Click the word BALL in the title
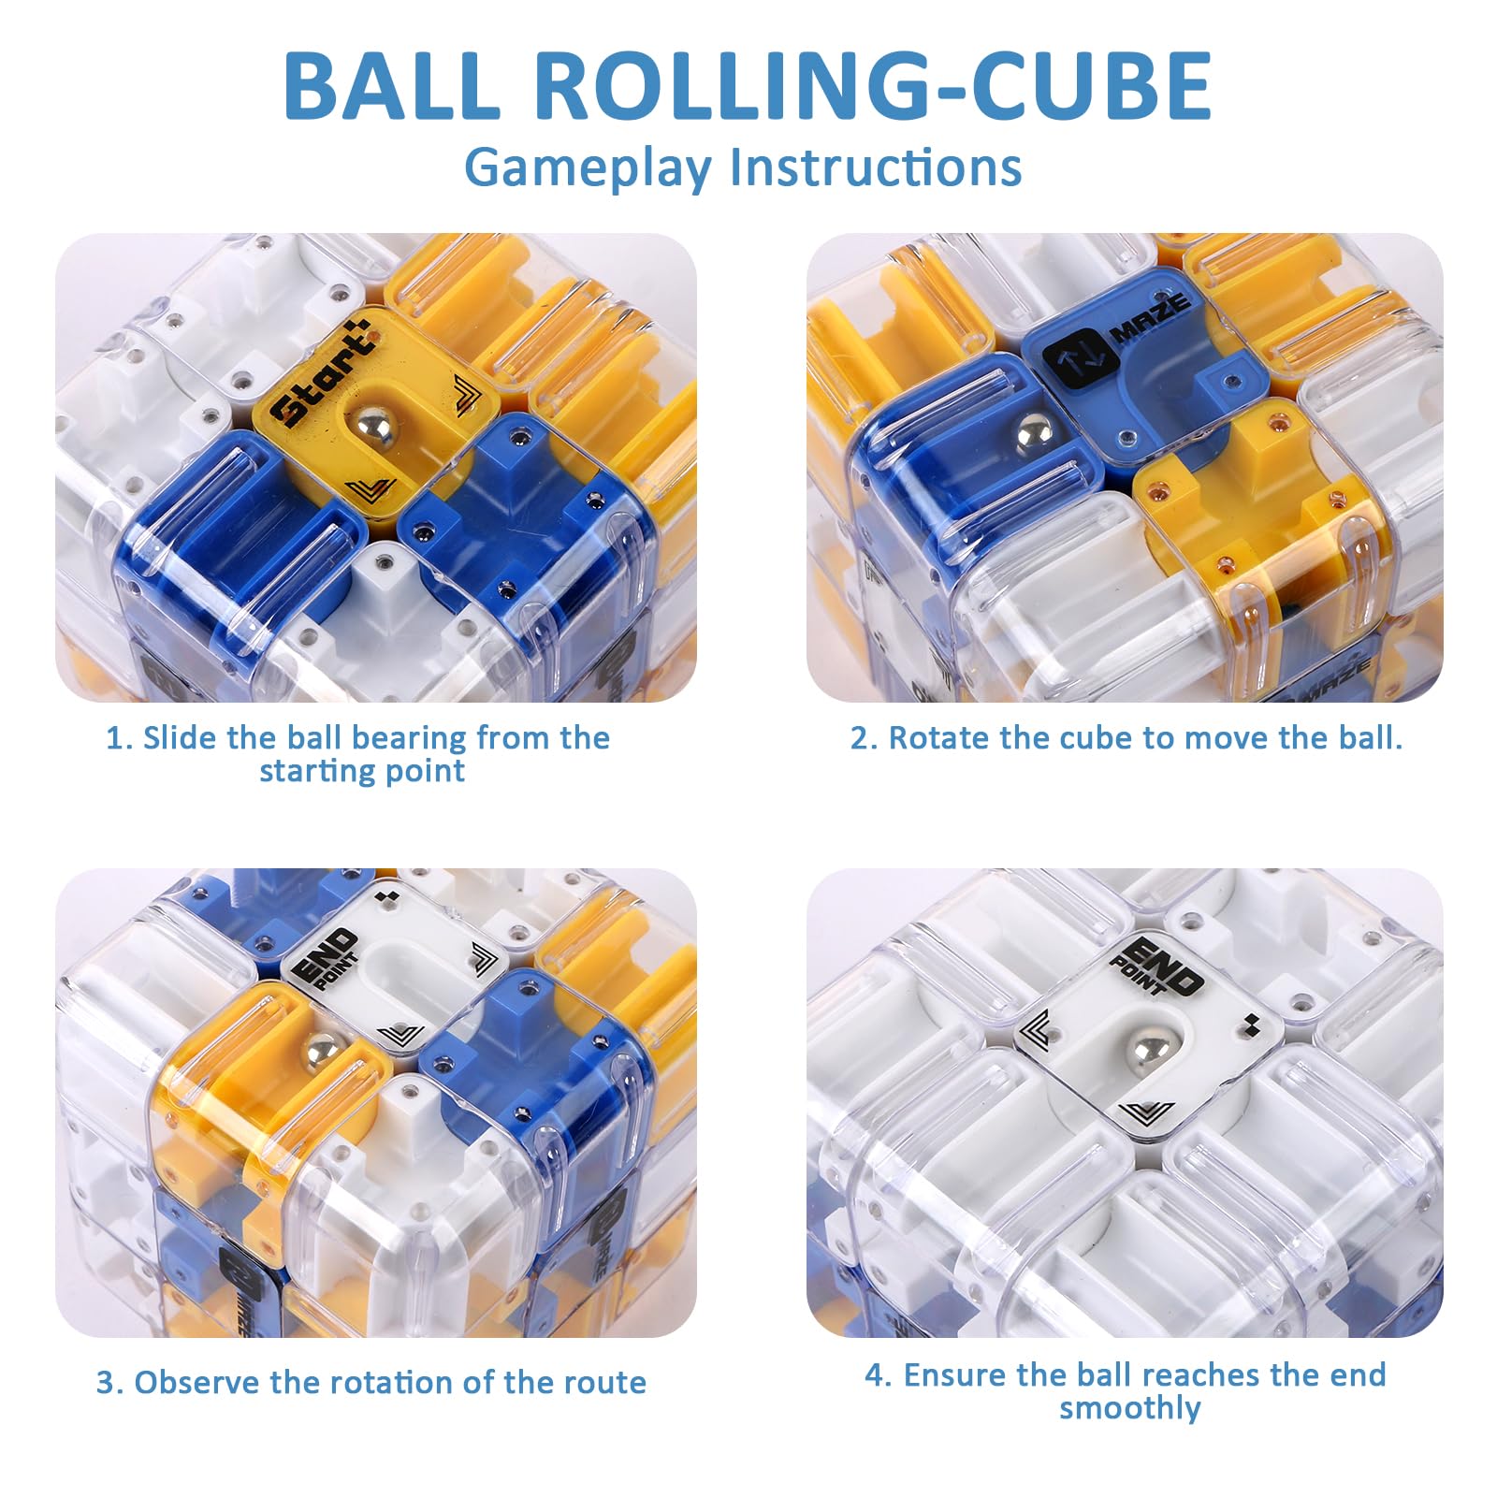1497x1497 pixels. (x=392, y=85)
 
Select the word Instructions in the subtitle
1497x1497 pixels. (x=876, y=167)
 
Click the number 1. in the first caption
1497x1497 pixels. (x=118, y=738)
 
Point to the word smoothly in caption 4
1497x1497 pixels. (x=1130, y=1408)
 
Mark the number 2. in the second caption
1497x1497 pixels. (x=864, y=738)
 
